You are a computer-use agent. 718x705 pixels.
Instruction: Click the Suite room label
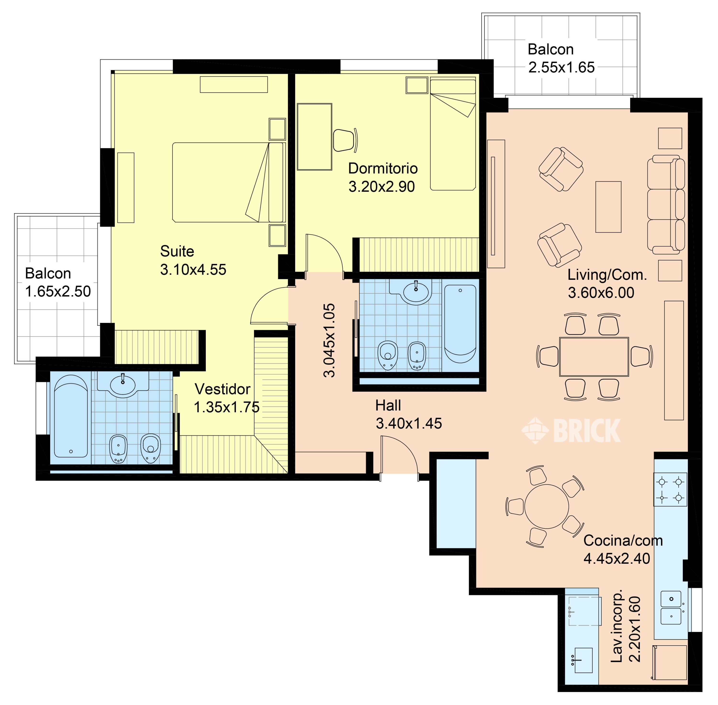coord(177,252)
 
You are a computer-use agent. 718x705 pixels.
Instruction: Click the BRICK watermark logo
coord(571,430)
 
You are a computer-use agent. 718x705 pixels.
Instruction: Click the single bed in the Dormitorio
coord(453,134)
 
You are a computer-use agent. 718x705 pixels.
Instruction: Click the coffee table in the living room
coord(608,207)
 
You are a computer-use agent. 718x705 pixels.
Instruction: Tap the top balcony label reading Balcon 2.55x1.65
coord(561,58)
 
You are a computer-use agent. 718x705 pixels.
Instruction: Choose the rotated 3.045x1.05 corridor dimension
coord(329,340)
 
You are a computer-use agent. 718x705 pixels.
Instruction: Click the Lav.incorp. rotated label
coord(617,626)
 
